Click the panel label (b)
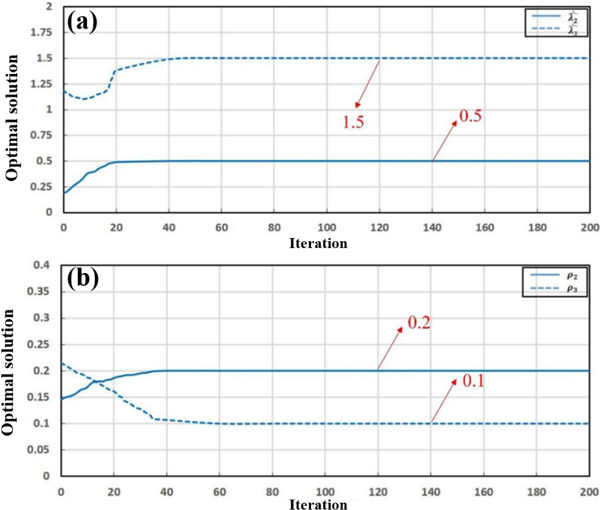(x=83, y=279)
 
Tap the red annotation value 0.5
(x=470, y=115)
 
